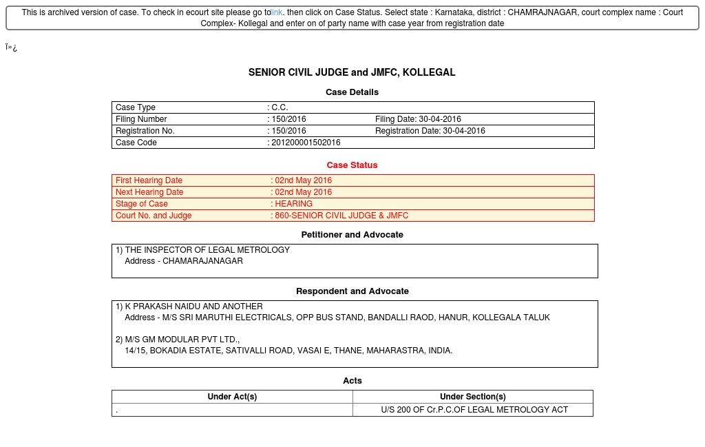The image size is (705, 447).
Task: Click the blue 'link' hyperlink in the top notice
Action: tap(277, 12)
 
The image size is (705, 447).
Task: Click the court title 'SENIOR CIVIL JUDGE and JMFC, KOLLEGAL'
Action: tap(352, 72)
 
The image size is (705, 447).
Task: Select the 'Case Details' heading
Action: tap(352, 92)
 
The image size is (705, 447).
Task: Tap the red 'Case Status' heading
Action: tap(352, 165)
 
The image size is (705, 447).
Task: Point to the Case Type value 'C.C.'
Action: tap(280, 107)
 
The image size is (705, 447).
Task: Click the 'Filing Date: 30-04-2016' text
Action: tap(418, 119)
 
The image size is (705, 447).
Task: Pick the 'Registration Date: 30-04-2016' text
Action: tap(430, 131)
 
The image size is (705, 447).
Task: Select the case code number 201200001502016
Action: tap(306, 143)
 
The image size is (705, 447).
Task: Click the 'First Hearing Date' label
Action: tap(149, 180)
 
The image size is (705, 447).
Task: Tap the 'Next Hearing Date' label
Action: tap(149, 192)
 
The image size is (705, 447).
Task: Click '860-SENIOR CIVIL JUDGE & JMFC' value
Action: tap(341, 216)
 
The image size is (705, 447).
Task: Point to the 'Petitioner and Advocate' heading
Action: tap(352, 235)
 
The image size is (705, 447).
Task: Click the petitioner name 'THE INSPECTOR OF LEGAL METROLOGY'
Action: tap(207, 250)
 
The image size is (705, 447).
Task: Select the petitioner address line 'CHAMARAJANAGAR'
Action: tap(202, 261)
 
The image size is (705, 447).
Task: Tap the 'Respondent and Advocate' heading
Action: tap(352, 291)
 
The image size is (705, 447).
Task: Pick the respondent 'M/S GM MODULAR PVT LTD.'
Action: tap(182, 340)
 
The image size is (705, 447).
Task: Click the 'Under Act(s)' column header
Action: tap(232, 397)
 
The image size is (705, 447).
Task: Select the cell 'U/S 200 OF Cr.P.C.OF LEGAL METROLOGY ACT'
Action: tap(474, 410)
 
